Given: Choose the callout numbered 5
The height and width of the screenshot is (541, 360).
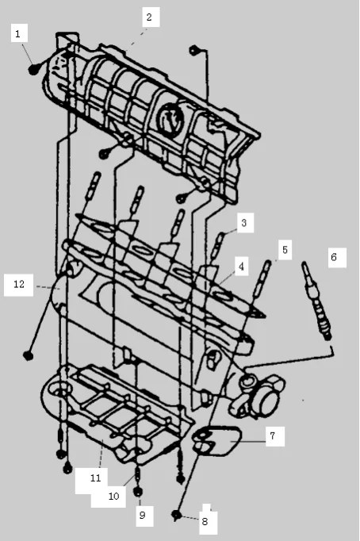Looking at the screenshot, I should (284, 250).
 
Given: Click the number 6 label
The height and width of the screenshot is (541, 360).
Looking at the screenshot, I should (334, 257).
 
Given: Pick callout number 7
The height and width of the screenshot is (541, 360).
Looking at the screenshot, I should (272, 436).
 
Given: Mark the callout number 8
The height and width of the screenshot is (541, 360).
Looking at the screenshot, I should (204, 520).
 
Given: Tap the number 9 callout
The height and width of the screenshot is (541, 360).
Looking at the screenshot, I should (143, 516).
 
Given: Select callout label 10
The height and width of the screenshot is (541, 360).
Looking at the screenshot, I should (113, 496).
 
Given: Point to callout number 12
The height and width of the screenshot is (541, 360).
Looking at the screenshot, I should (19, 283).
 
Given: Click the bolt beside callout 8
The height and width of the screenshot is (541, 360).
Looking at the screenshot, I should (175, 516).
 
